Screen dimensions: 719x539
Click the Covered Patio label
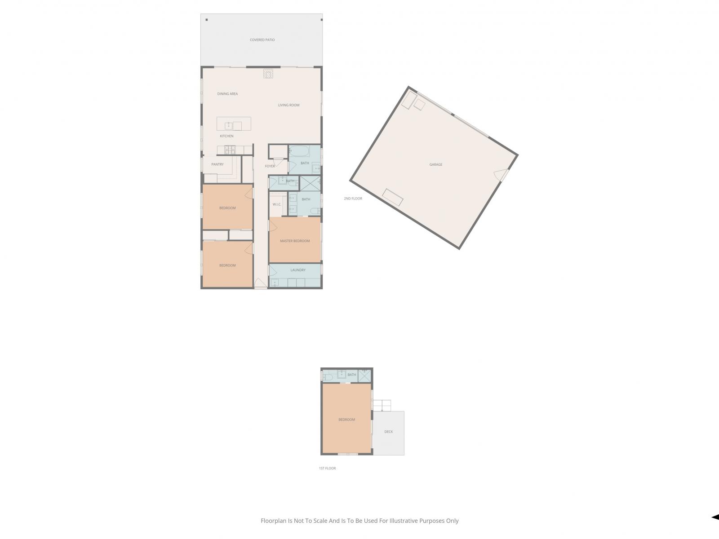[262, 40]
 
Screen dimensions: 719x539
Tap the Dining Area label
[227, 94]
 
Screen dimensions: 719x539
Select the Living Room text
[288, 105]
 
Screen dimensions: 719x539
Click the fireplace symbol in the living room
[268, 74]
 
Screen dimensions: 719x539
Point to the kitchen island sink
[229, 126]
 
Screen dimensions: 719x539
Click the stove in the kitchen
[230, 150]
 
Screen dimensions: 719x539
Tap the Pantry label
[217, 164]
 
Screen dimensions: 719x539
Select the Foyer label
[270, 166]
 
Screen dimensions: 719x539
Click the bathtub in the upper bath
[299, 151]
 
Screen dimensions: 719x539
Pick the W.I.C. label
[277, 204]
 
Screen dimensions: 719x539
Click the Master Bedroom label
[295, 241]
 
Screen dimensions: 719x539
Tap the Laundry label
[298, 270]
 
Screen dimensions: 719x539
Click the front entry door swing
[261, 283]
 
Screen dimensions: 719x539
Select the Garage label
[435, 164]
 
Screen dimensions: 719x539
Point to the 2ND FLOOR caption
[353, 199]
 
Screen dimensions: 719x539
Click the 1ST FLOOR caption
[327, 468]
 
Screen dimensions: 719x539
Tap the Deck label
[389, 432]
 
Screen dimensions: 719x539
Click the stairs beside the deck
[382, 406]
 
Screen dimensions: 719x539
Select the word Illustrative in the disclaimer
[404, 521]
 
